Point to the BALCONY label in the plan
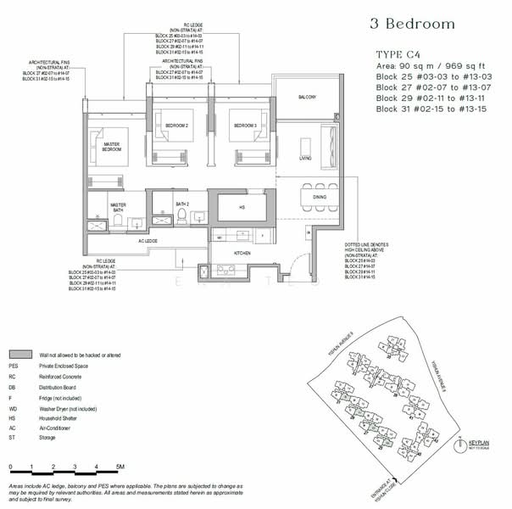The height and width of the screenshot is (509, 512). (306, 98)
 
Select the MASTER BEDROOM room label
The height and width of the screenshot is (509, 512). (110, 148)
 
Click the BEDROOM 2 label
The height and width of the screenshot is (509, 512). (175, 125)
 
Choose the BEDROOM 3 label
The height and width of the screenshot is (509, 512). (246, 125)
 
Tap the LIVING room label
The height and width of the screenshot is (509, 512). (306, 158)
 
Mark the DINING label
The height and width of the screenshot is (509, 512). (320, 197)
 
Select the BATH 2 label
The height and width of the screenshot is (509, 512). (181, 204)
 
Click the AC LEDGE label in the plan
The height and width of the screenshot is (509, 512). (148, 241)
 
